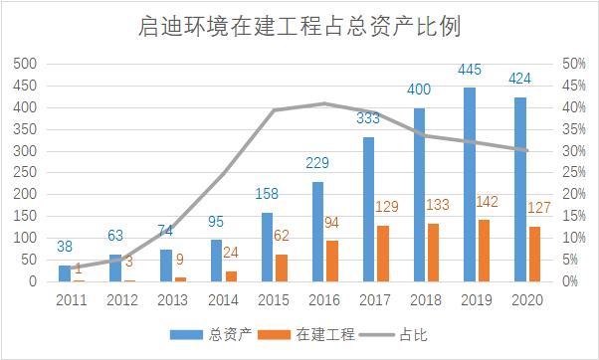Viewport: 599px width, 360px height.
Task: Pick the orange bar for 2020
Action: pos(534,254)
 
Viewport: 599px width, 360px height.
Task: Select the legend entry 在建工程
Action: pos(315,335)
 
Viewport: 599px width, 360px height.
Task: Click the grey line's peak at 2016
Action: pos(324,103)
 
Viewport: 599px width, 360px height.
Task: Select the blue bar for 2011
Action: pos(64,272)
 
